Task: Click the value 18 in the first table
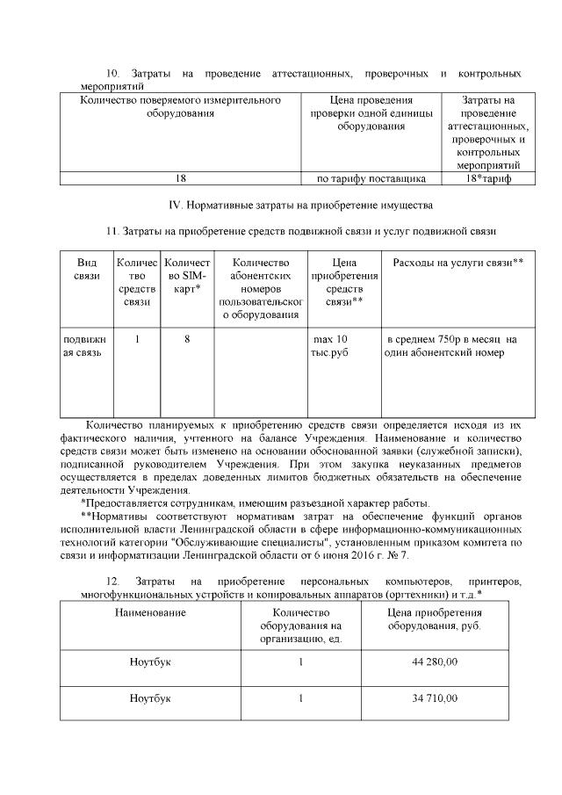(181, 178)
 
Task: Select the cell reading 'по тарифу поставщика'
(371, 178)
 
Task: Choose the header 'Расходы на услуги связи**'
(458, 263)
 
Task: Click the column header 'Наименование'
(150, 611)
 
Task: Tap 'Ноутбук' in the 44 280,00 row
(150, 661)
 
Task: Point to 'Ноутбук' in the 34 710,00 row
(150, 698)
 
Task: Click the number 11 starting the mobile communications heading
(111, 232)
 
